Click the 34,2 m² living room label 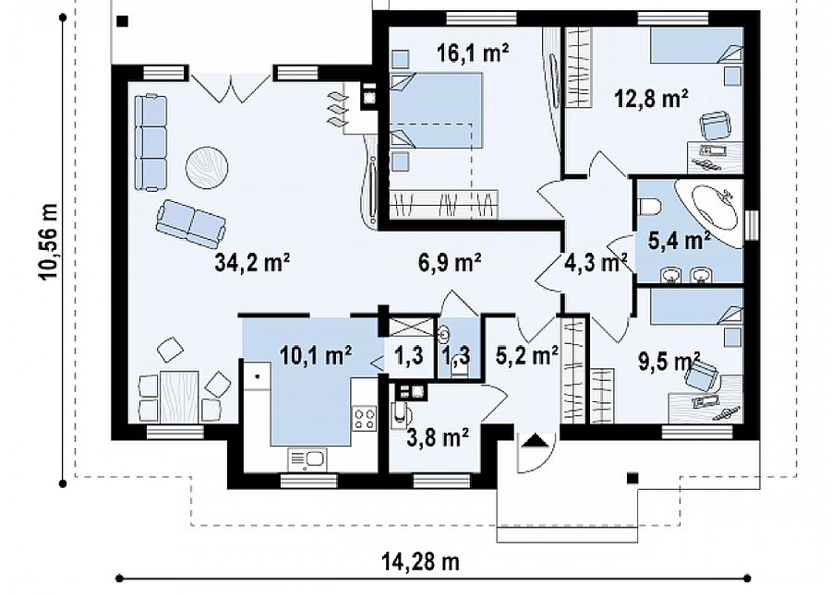(252, 262)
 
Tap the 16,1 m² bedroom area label (473, 53)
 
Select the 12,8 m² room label (651, 99)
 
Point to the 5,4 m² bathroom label (679, 241)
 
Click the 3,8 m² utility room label (438, 438)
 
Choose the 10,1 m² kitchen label (316, 356)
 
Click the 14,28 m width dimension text (420, 562)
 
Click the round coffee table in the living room (207, 167)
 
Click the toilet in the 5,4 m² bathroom (649, 206)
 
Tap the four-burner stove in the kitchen (365, 418)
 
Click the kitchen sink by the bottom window (307, 459)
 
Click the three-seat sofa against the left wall (151, 142)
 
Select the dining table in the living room (179, 397)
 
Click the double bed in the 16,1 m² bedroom (437, 110)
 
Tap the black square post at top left (123, 21)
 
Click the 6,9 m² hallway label (450, 262)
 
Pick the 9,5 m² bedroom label (669, 363)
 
